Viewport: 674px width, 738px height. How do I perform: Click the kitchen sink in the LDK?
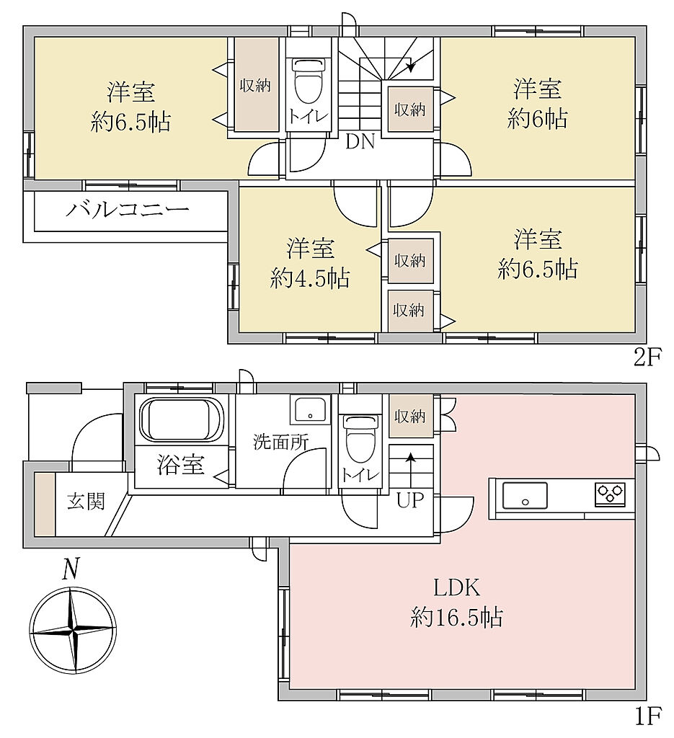pyautogui.click(x=525, y=496)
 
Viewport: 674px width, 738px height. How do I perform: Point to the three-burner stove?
pyautogui.click(x=611, y=494)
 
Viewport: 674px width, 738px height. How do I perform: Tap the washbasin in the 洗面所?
pyautogui.click(x=310, y=409)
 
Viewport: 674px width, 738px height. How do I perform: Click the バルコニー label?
pyautogui.click(x=128, y=208)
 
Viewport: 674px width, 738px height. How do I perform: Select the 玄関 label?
pyautogui.click(x=85, y=502)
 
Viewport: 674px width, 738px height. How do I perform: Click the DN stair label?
pyautogui.click(x=360, y=142)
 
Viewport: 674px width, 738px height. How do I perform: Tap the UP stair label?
pyautogui.click(x=410, y=500)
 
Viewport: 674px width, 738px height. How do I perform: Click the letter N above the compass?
pyautogui.click(x=70, y=569)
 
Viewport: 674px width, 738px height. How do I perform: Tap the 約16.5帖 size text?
pyautogui.click(x=456, y=617)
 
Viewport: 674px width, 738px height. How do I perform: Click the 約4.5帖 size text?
pyautogui.click(x=310, y=277)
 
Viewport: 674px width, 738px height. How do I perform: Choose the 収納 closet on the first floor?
pyautogui.click(x=410, y=416)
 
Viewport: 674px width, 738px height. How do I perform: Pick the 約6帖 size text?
pyautogui.click(x=538, y=118)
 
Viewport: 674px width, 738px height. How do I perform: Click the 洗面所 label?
pyautogui.click(x=281, y=442)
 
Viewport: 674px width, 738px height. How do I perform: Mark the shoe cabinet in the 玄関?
pyautogui.click(x=45, y=503)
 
